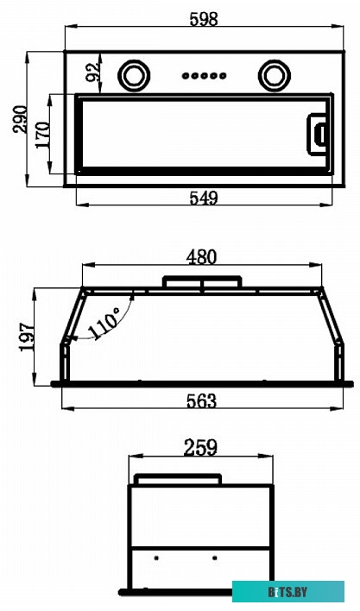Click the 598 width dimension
(x=204, y=19)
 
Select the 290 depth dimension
(x=20, y=119)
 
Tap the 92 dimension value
(x=92, y=72)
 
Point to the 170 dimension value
(x=43, y=135)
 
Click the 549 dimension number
(x=204, y=198)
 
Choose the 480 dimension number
(x=201, y=257)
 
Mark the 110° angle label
(x=104, y=323)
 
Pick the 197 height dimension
(x=28, y=337)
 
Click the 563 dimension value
(x=201, y=400)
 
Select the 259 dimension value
(x=200, y=447)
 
